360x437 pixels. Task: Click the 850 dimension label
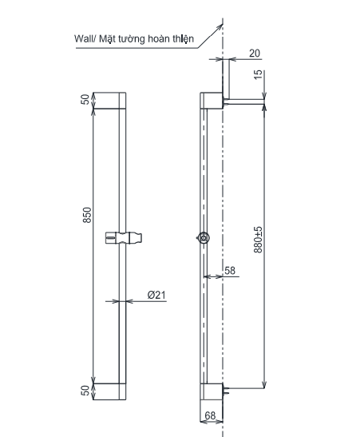tap(88, 217)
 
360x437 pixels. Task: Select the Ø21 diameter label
tap(157, 295)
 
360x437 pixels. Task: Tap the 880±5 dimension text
tap(258, 239)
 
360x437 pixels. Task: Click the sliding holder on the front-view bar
tap(125, 238)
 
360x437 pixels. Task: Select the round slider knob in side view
tap(204, 238)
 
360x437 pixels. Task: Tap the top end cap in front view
tap(109, 101)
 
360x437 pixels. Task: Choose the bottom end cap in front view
tap(109, 391)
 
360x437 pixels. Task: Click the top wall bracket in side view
tap(212, 101)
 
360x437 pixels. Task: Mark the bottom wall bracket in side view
tap(212, 391)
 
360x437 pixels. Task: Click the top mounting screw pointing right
tap(245, 101)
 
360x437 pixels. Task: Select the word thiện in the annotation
tap(182, 37)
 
